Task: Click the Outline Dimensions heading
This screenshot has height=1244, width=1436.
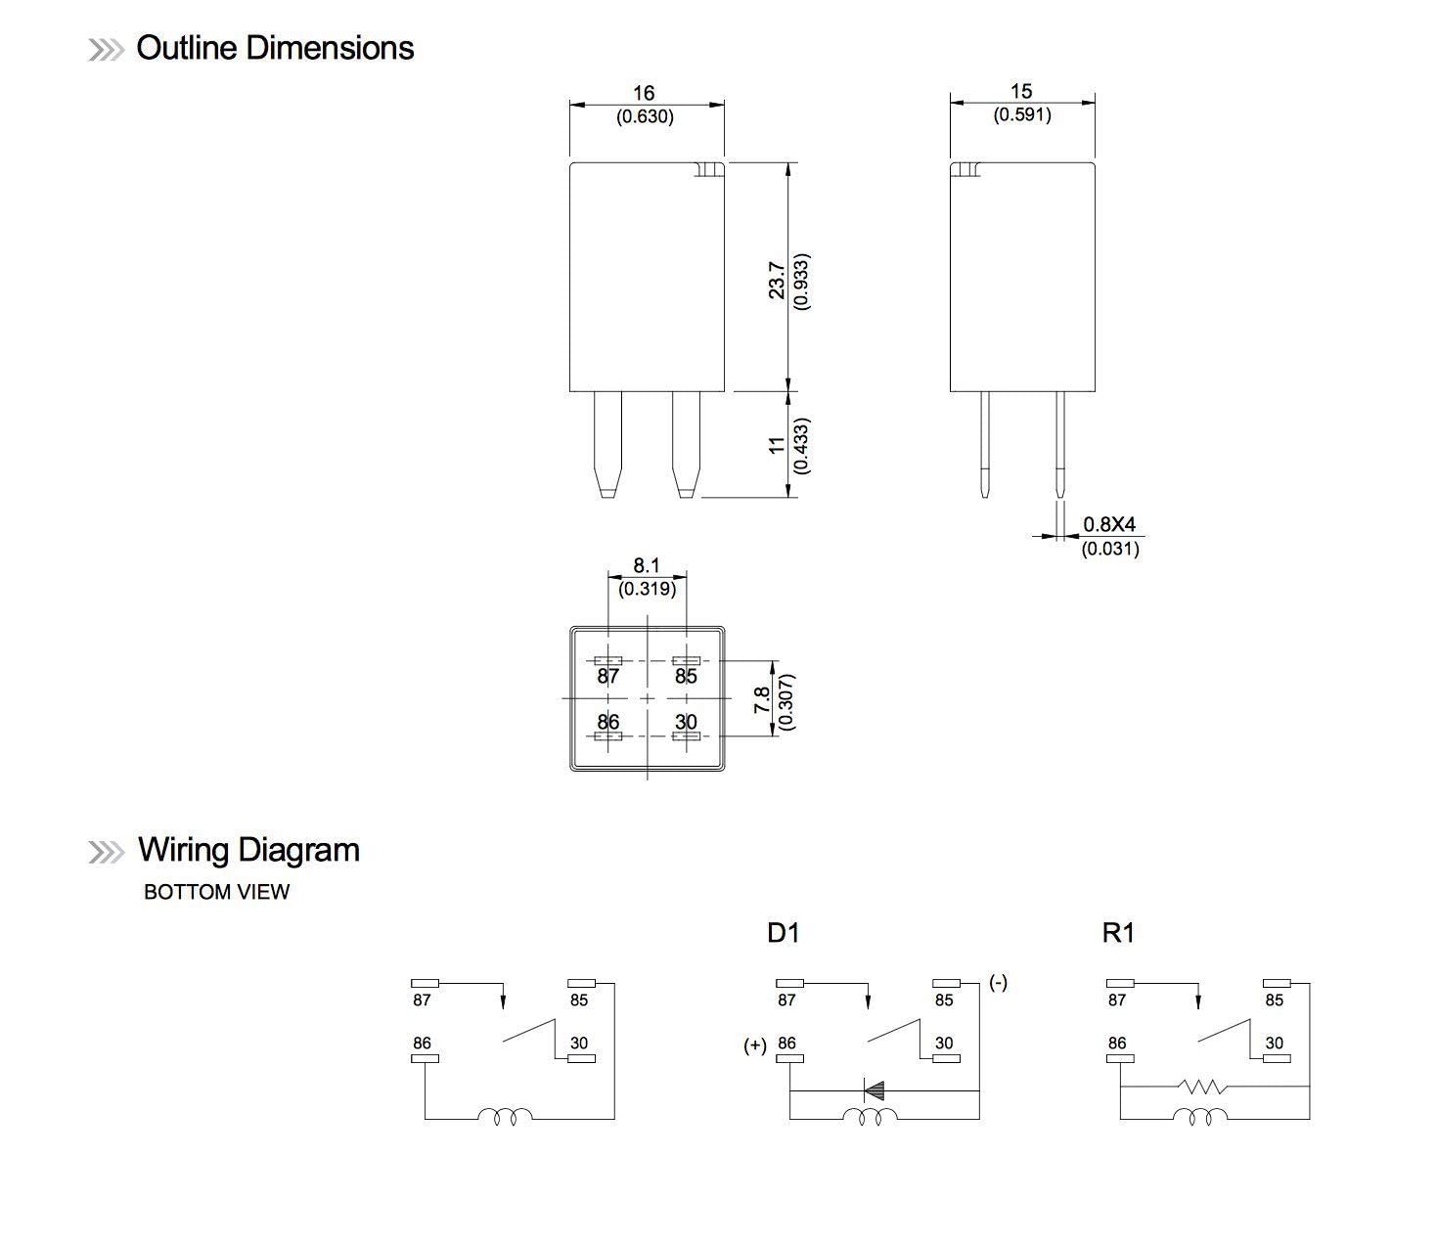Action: [274, 48]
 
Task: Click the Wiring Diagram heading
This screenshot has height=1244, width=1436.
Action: [247, 849]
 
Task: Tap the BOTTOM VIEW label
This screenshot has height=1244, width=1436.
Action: [216, 892]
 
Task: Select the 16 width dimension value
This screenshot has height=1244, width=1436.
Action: [643, 93]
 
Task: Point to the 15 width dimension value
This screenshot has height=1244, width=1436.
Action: [1021, 91]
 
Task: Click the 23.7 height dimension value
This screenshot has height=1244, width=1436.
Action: [777, 280]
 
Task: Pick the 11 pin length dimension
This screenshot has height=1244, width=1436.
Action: [777, 445]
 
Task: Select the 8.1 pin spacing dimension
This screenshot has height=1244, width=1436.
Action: [647, 565]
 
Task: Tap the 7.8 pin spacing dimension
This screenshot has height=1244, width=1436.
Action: [762, 699]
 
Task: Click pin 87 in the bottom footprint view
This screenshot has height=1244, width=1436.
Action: [608, 676]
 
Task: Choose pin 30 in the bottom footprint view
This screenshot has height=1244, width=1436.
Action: [686, 722]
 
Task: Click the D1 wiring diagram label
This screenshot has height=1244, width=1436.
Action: [783, 933]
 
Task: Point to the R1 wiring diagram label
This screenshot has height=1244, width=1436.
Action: [1117, 933]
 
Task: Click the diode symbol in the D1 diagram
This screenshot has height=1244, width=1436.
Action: [874, 1089]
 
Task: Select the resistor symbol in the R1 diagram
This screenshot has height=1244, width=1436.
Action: [1202, 1087]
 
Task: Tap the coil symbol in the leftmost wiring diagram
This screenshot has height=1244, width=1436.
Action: [505, 1116]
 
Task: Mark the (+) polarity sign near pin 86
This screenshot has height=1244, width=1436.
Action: [754, 1045]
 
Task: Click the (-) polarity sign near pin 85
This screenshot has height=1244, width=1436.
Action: [998, 982]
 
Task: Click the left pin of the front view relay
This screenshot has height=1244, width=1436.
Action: [607, 442]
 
